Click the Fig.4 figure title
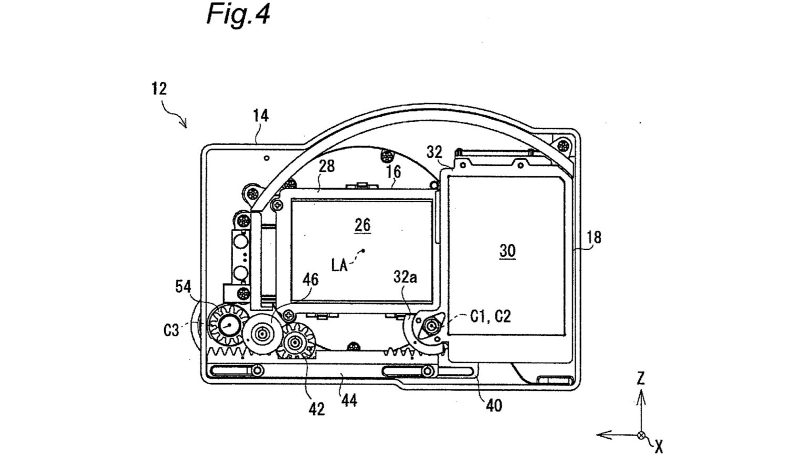coord(238,15)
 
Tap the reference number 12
coord(160,89)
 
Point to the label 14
coord(261,116)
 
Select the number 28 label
coord(326,167)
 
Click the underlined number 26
coord(363,225)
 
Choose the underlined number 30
coord(507,251)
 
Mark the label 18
coord(593,238)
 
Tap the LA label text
coord(340,265)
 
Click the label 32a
coord(405,277)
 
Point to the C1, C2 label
coord(491,316)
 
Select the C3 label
coord(171,330)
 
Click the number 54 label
coord(184,287)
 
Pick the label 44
coord(349,400)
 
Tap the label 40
coord(494,406)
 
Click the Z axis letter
coord(641,379)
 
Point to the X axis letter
coord(659,447)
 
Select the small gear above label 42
coord(297,342)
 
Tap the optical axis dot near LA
coord(364,251)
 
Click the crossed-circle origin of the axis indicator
coord(641,435)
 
